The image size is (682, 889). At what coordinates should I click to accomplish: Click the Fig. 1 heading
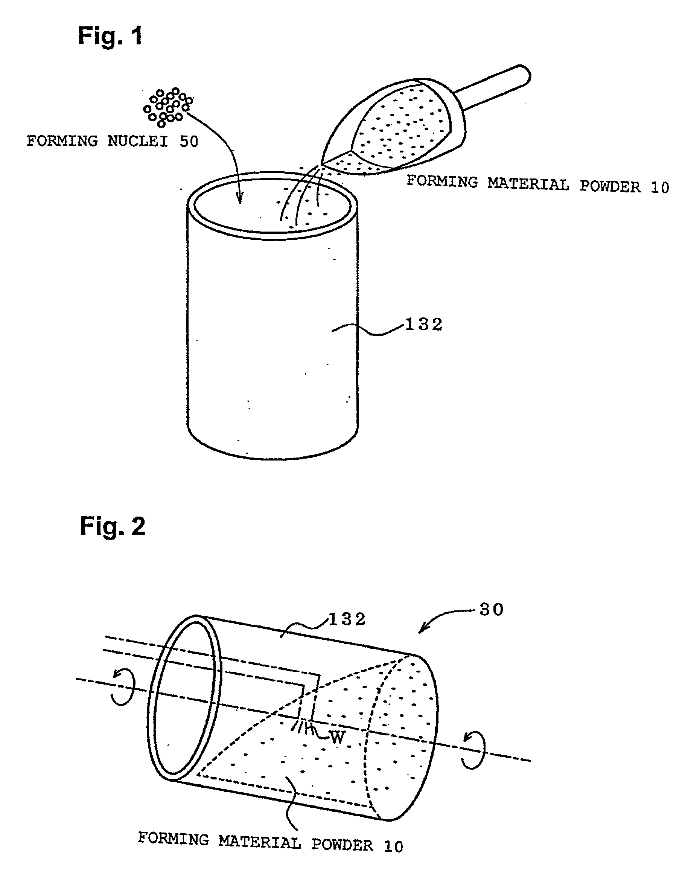[110, 36]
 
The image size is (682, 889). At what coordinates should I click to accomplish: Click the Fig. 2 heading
[113, 526]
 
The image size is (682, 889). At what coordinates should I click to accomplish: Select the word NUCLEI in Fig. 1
[138, 141]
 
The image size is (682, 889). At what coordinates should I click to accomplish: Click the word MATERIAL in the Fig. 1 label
[528, 185]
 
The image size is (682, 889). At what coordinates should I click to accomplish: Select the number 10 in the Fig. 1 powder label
[660, 188]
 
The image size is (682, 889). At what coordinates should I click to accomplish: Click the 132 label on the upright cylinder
[424, 325]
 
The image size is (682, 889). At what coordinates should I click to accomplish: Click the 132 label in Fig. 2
[347, 620]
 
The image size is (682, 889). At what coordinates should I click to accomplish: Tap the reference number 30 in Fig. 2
[492, 610]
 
